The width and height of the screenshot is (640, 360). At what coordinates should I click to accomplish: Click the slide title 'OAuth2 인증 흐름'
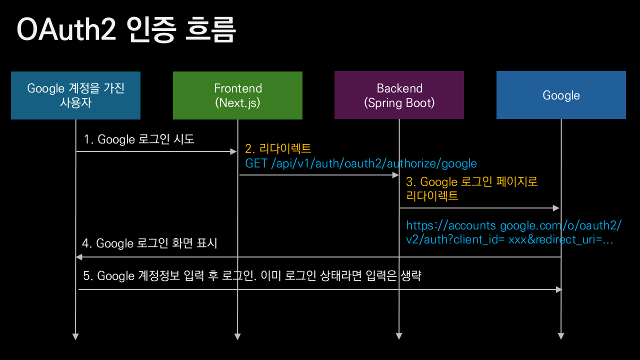coord(126,30)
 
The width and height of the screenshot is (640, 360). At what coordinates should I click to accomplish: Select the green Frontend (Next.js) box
coord(237,95)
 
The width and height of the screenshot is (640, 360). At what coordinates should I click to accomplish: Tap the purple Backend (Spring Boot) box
coord(399,95)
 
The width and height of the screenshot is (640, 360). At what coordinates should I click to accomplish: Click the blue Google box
coord(561,95)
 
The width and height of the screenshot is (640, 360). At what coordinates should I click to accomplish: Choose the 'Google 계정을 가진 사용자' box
coord(75,95)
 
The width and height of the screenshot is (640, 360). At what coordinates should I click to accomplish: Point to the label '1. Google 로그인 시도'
coord(139,139)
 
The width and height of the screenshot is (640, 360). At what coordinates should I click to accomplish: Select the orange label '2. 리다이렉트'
coord(278,148)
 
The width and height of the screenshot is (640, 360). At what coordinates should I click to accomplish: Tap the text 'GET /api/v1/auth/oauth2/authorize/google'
coord(360,163)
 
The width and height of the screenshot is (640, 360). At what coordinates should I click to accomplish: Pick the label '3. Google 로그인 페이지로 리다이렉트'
coord(471,188)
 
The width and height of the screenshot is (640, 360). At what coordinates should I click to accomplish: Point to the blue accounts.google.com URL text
coord(513,232)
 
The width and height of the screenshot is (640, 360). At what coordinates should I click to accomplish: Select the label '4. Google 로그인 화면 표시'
coord(150,243)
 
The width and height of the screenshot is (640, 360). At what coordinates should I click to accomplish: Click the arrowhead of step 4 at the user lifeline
coord(78,257)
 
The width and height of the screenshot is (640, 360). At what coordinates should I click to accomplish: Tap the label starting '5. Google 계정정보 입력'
coord(252,275)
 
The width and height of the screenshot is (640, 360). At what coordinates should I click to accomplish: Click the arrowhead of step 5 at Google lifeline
coord(558,289)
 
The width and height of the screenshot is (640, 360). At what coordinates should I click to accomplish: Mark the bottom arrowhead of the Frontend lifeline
coord(237,336)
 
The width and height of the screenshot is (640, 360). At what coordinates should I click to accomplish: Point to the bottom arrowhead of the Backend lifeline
coord(399,336)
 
